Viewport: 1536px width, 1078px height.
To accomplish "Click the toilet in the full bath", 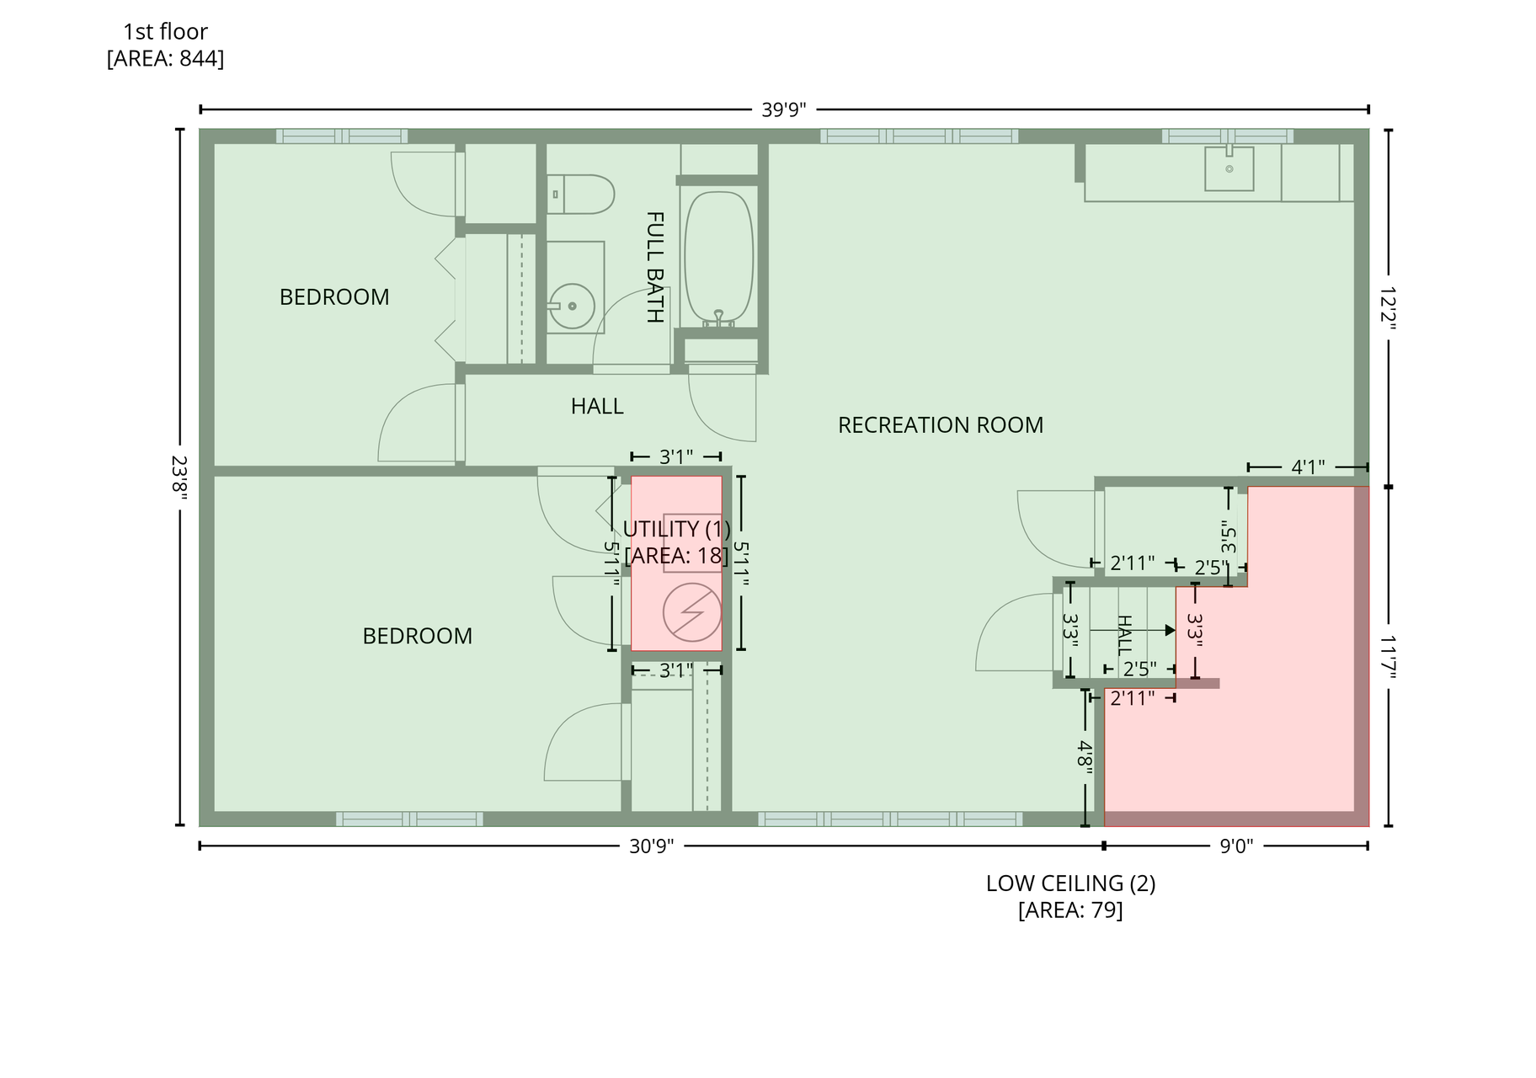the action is click(x=580, y=194).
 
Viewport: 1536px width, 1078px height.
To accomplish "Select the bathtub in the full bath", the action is click(x=718, y=259).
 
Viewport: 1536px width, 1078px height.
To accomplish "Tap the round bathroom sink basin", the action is click(x=572, y=306).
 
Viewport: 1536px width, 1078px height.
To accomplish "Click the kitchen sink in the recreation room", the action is click(x=1229, y=168).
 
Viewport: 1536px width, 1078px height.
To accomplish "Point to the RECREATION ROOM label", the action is click(x=941, y=425).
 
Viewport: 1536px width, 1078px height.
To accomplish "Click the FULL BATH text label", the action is click(x=655, y=267).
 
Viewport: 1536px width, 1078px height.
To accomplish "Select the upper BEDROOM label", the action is click(x=334, y=297).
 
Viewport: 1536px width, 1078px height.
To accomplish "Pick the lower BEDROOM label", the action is click(x=418, y=636).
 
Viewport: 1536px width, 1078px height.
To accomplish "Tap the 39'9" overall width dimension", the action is click(x=784, y=110).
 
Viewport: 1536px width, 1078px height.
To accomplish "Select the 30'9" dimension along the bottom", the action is click(x=652, y=846).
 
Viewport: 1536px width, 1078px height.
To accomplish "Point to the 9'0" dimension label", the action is click(x=1237, y=846).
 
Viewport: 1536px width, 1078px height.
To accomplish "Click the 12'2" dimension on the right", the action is click(x=1388, y=309).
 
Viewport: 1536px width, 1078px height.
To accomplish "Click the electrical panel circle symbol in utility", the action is click(x=692, y=612).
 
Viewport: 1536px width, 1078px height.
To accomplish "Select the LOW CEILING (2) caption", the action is click(x=1071, y=883).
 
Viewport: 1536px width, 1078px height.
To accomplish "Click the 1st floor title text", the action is click(x=165, y=32).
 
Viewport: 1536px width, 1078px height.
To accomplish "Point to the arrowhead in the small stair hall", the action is click(x=1170, y=630).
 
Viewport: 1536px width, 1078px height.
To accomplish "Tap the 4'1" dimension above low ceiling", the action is click(x=1308, y=467).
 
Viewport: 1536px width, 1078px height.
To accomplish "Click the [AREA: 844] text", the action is click(x=165, y=59).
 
